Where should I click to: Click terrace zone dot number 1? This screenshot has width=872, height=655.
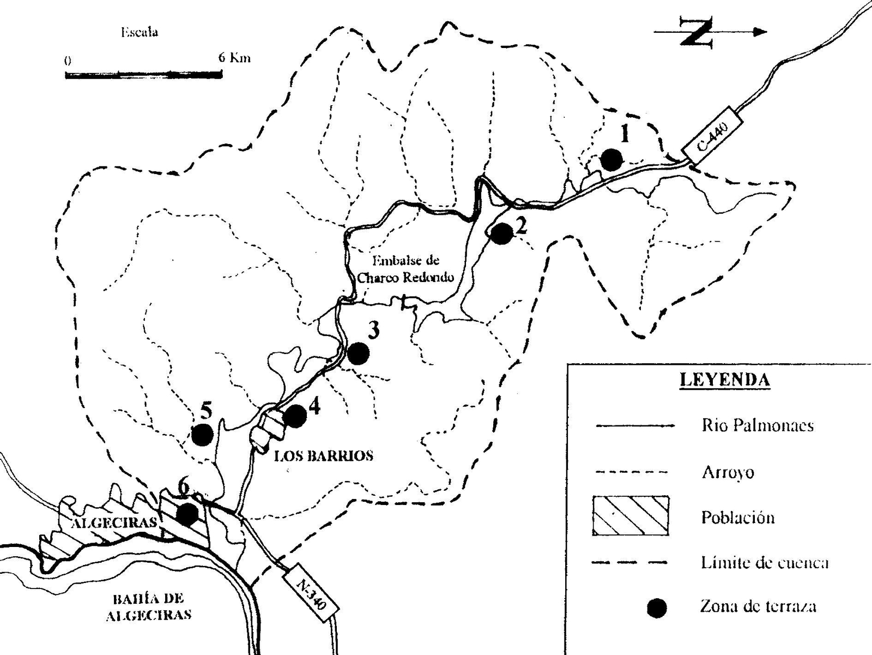pyautogui.click(x=611, y=160)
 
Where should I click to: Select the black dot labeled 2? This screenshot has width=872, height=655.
pyautogui.click(x=501, y=233)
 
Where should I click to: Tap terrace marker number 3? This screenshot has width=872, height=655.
pyautogui.click(x=358, y=353)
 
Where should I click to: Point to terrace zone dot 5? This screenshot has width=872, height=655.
pyautogui.click(x=202, y=435)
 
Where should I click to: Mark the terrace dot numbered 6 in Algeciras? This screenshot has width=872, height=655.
pyautogui.click(x=187, y=514)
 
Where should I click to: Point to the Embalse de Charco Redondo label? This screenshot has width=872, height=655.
pyautogui.click(x=405, y=269)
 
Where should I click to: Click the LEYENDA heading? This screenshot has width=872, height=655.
pyautogui.click(x=724, y=380)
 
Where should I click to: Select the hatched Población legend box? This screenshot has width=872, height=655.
pyautogui.click(x=631, y=515)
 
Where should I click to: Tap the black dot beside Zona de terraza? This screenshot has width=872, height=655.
pyautogui.click(x=657, y=607)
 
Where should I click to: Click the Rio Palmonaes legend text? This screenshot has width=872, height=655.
pyautogui.click(x=758, y=425)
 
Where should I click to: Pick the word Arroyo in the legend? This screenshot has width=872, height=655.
pyautogui.click(x=727, y=472)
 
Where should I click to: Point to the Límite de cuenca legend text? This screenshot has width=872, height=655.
pyautogui.click(x=764, y=562)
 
